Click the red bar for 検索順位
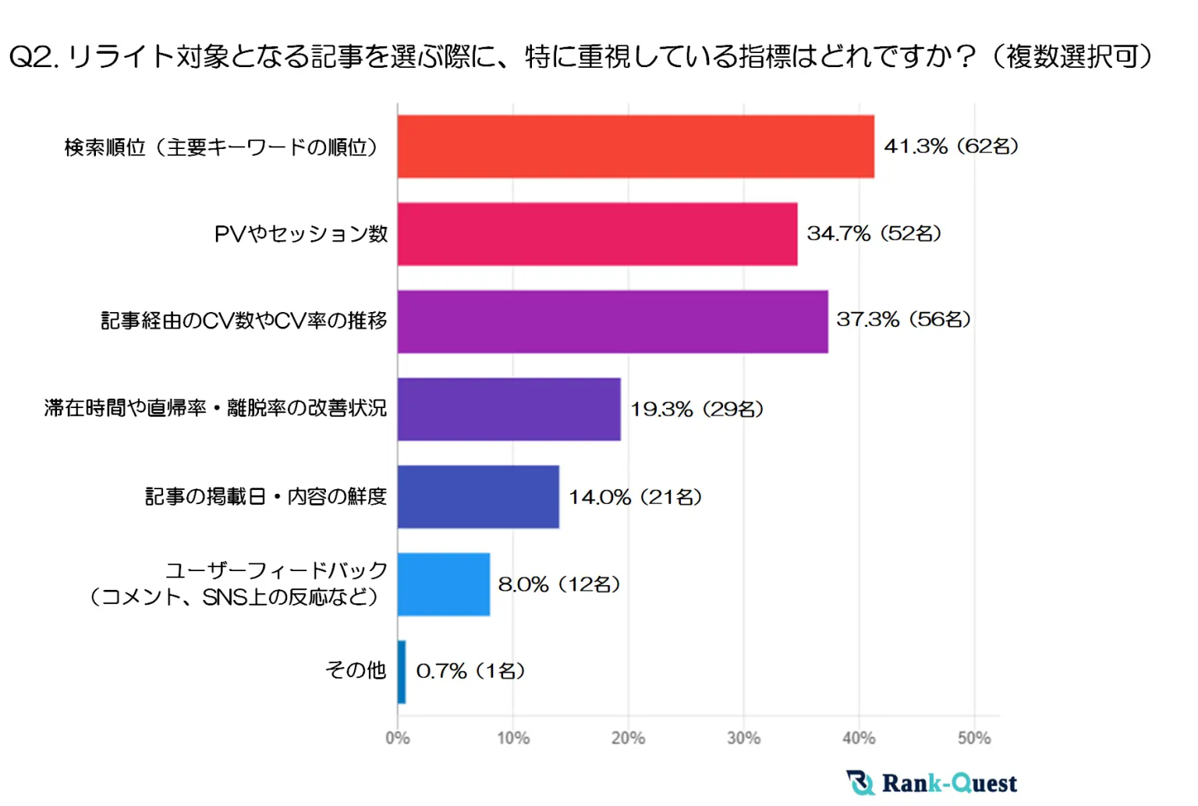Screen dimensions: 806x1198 [x=636, y=147]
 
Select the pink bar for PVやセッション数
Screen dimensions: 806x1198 [x=597, y=234]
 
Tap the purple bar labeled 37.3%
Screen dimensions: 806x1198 [x=612, y=321]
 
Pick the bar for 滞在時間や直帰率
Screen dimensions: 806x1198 [x=509, y=409]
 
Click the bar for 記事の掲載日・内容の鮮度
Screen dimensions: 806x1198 [x=478, y=496]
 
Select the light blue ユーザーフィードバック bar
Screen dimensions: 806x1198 [x=443, y=584]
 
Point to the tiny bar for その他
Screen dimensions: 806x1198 [x=402, y=672]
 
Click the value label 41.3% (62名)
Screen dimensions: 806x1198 [x=951, y=147]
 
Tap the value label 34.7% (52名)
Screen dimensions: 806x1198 [x=874, y=233]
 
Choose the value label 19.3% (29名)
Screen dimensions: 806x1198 [x=696, y=409]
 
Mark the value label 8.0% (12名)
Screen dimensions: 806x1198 [x=559, y=584]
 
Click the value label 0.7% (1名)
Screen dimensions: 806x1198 [x=470, y=671]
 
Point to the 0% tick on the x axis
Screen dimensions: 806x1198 [x=398, y=738]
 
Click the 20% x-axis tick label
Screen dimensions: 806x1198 [x=628, y=738]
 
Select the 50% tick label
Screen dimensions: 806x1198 [x=974, y=738]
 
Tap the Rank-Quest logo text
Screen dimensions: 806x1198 [x=949, y=783]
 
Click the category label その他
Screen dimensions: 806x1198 [x=356, y=670]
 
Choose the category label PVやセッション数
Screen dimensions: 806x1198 [x=301, y=234]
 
